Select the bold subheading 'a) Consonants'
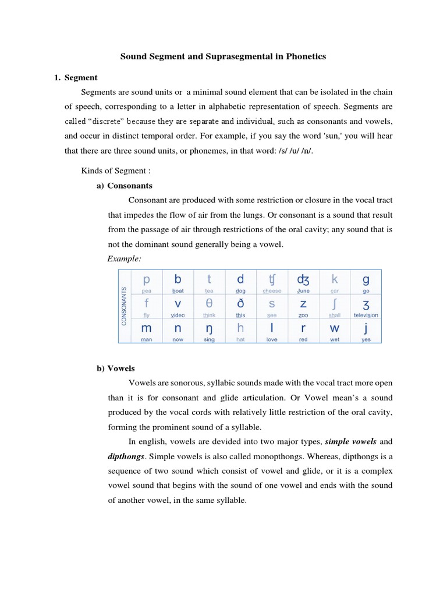click(x=124, y=186)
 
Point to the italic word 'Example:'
click(x=124, y=258)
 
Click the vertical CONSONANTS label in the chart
click(x=123, y=306)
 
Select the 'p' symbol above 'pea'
click(x=146, y=280)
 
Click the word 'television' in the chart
click(x=366, y=315)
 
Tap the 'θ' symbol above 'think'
click(x=209, y=304)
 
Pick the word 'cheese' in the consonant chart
click(x=272, y=291)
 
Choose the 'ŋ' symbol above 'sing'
click(x=209, y=329)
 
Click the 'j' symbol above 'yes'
click(x=366, y=328)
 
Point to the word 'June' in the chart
click(x=303, y=291)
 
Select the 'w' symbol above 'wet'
click(x=335, y=329)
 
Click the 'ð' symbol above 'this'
click(x=240, y=304)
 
